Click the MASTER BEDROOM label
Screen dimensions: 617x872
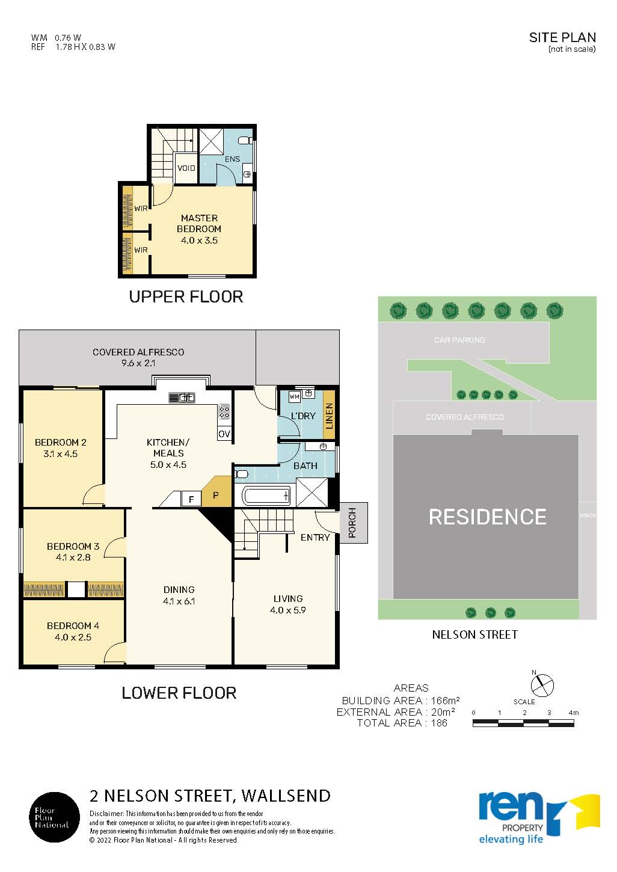[199, 224]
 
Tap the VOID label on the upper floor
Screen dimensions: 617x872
[186, 168]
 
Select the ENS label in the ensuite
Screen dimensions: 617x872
[232, 159]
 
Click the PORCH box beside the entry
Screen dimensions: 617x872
[354, 523]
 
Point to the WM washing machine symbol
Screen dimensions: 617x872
[294, 397]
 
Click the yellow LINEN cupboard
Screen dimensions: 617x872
[329, 414]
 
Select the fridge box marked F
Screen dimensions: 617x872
[191, 499]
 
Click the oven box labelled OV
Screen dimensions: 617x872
[224, 434]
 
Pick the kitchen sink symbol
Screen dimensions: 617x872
[182, 398]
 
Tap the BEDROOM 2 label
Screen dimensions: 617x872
[60, 442]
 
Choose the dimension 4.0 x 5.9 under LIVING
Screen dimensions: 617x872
[287, 610]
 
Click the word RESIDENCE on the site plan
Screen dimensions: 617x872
[487, 517]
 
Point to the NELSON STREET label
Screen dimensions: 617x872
[474, 634]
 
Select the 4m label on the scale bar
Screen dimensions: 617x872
[574, 713]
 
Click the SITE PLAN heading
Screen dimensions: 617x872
[562, 37]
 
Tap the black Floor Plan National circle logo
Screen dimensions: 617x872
[55, 817]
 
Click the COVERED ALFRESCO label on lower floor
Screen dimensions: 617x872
[138, 352]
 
